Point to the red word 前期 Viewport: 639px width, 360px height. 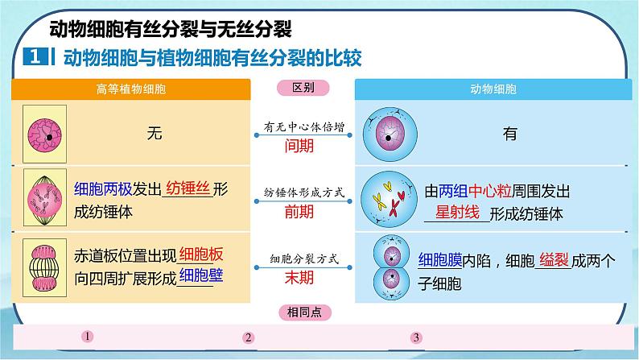coord(299,212)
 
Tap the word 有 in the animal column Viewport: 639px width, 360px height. coord(509,134)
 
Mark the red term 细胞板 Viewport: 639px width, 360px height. coord(202,254)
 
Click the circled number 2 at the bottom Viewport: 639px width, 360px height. coord(249,337)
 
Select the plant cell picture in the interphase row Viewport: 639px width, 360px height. coord(43,134)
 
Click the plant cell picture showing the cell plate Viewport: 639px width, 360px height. coord(43,266)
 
